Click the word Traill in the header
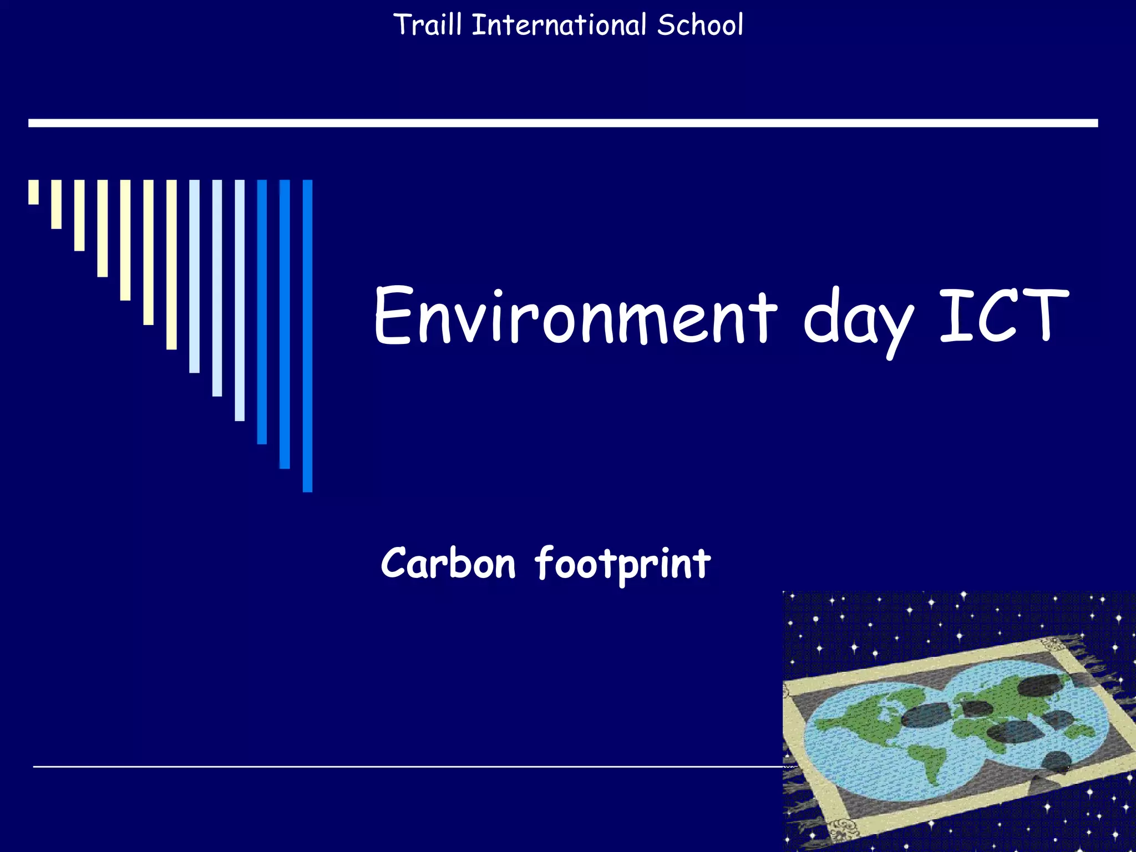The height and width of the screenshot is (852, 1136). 427,25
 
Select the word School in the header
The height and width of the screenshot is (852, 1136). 700,25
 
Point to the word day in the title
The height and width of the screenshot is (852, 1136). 857,319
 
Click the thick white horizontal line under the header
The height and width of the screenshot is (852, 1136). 562,123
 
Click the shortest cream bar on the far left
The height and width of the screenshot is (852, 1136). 34,192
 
